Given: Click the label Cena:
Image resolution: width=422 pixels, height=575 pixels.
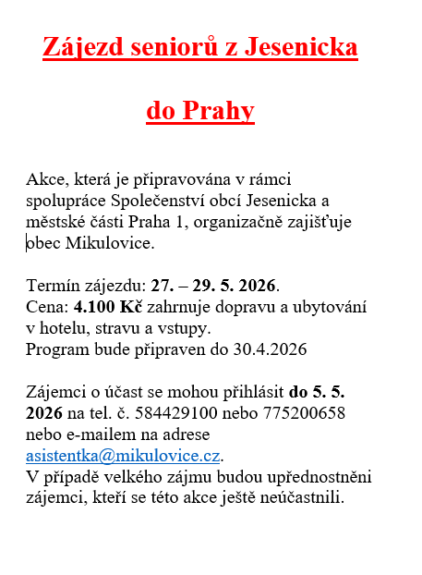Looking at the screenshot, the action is click(x=48, y=306).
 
